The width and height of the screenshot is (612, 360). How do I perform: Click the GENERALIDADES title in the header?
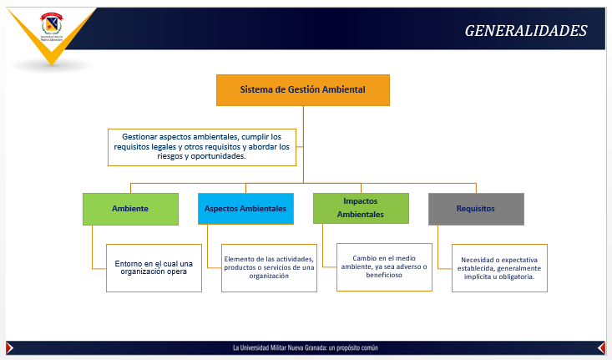[525, 31]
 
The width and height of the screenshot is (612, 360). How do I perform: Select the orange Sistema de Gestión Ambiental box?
[302, 89]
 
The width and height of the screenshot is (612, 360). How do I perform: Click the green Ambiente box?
[130, 208]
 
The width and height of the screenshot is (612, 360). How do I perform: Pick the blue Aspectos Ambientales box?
[245, 208]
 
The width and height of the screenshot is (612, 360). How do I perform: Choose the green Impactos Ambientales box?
[361, 208]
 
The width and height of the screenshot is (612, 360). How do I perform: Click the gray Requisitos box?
[476, 208]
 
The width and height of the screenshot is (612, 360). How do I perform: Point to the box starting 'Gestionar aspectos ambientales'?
[202, 146]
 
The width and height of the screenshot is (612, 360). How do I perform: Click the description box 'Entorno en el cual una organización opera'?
[154, 267]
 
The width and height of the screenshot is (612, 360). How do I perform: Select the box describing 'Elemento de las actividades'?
[269, 267]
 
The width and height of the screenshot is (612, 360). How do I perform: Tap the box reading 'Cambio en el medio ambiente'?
[384, 266]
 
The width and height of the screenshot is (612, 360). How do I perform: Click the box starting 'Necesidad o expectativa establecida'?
[499, 267]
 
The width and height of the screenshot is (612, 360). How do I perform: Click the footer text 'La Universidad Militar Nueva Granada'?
[311, 347]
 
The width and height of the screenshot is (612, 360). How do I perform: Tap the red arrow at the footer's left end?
[9, 347]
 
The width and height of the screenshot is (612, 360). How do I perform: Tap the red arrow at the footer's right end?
[601, 347]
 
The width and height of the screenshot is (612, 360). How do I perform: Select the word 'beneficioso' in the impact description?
[384, 276]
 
